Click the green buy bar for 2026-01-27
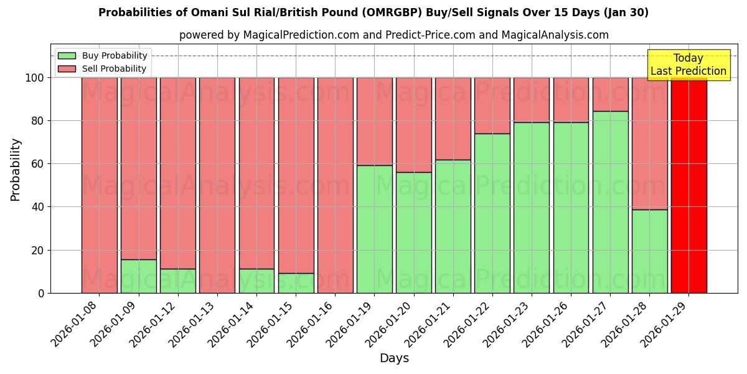[x=610, y=202]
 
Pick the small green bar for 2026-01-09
[x=138, y=276]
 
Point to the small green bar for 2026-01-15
[x=296, y=283]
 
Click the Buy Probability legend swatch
[x=67, y=55]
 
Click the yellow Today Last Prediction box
[x=688, y=65]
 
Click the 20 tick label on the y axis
[x=38, y=250]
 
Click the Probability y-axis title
[x=16, y=170]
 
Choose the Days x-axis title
[x=394, y=358]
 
